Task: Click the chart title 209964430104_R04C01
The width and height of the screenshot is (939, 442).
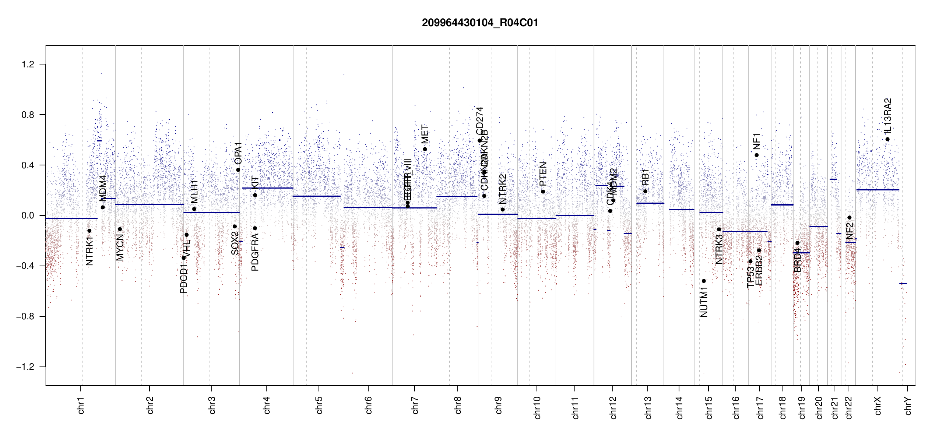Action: pyautogui.click(x=480, y=23)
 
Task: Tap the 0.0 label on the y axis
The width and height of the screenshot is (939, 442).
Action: pyautogui.click(x=28, y=215)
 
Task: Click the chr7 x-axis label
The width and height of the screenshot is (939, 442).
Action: pyautogui.click(x=415, y=405)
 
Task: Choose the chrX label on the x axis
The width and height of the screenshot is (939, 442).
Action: pyautogui.click(x=878, y=406)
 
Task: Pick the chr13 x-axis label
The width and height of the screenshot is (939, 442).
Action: pyautogui.click(x=648, y=407)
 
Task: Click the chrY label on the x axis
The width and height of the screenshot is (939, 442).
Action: pyautogui.click(x=908, y=406)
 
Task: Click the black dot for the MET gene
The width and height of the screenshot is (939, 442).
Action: pyautogui.click(x=425, y=149)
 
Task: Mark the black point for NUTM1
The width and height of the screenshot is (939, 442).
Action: pyautogui.click(x=704, y=281)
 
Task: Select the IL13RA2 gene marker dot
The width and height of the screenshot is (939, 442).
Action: pyautogui.click(x=887, y=139)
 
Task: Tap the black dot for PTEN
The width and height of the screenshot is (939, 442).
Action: pyautogui.click(x=543, y=192)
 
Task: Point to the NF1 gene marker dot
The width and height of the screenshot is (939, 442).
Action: pyautogui.click(x=757, y=155)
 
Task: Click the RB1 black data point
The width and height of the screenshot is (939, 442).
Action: pyautogui.click(x=645, y=191)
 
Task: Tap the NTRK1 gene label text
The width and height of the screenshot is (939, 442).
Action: pyautogui.click(x=89, y=251)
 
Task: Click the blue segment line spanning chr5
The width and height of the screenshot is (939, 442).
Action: pyautogui.click(x=317, y=196)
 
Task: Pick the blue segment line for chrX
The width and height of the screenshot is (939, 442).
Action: pyautogui.click(x=878, y=190)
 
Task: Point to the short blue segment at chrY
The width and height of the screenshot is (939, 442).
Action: pyautogui.click(x=903, y=283)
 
